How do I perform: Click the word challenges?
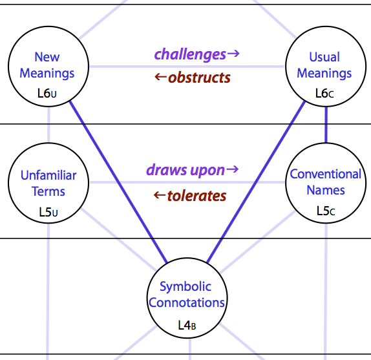190,54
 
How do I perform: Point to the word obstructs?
199,78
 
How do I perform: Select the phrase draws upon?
185,170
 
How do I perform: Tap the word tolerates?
196,196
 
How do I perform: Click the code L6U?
47,94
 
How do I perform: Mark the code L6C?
324,94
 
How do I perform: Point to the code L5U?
48,212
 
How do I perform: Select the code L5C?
326,211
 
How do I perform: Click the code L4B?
187,325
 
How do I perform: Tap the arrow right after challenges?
233,54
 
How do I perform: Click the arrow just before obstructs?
161,77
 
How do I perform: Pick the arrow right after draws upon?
232,169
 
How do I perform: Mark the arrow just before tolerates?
160,195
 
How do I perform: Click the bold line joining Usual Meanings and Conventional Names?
326,125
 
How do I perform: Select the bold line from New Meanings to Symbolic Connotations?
118,182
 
